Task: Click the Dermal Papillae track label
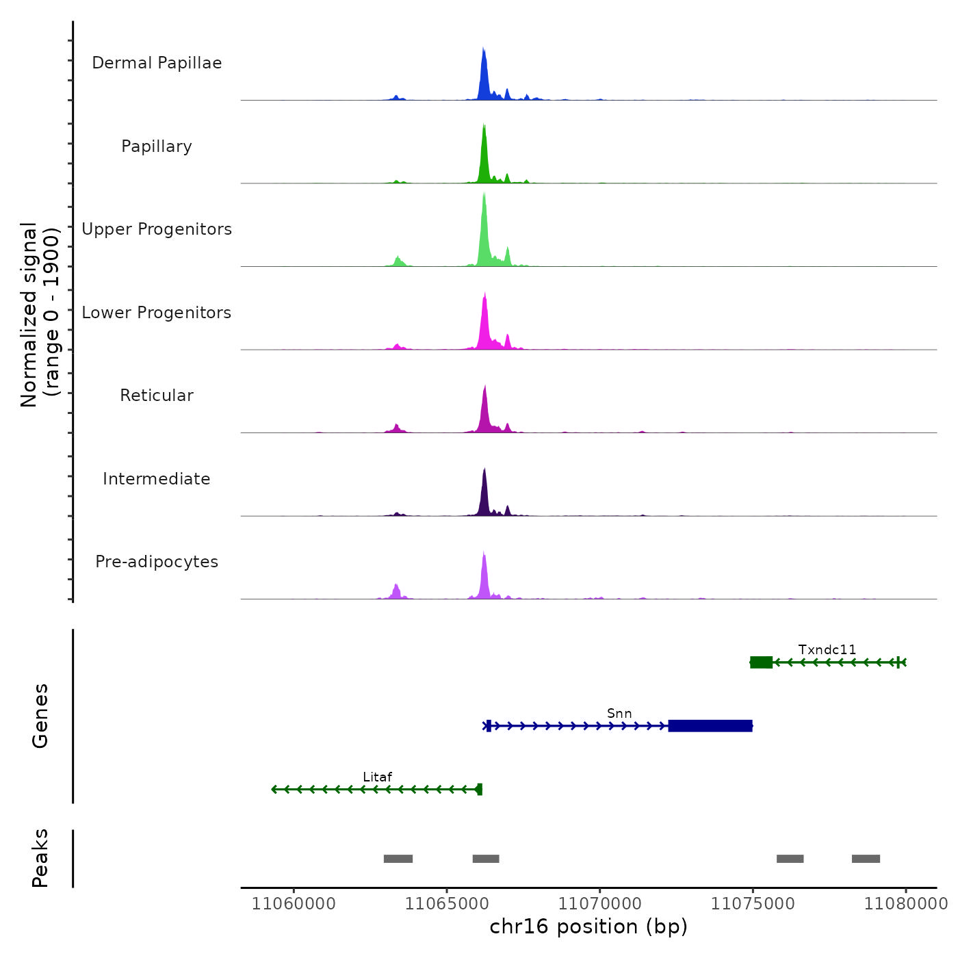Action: click(157, 63)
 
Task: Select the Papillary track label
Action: click(157, 146)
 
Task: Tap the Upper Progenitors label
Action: click(157, 229)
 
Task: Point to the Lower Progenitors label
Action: click(157, 313)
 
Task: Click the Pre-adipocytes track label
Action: click(157, 562)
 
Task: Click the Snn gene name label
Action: click(619, 714)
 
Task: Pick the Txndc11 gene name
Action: click(827, 650)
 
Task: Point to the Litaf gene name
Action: click(378, 777)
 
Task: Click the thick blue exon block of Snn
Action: click(710, 726)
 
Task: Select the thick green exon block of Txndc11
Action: click(762, 662)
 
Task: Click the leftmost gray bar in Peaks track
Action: click(398, 859)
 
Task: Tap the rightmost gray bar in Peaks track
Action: click(866, 859)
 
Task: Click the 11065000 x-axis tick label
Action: click(447, 904)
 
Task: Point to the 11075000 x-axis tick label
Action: click(753, 904)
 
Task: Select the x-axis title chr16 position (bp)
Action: click(588, 927)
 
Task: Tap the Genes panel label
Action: click(40, 716)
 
